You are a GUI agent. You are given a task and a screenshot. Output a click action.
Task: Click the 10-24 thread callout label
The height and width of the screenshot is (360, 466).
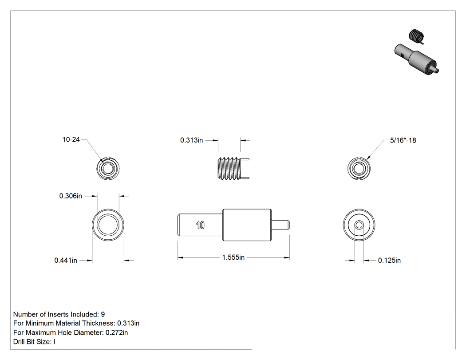coord(71,139)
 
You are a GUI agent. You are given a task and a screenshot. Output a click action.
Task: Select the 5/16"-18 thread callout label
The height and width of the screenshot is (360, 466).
coord(403,140)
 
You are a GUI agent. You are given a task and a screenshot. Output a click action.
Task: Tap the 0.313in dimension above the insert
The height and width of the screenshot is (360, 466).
coord(191,140)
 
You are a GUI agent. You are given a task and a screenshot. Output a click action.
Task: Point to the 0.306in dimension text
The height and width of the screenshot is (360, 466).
coord(71,196)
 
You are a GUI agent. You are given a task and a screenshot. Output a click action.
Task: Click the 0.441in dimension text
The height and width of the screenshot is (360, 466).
coord(66,261)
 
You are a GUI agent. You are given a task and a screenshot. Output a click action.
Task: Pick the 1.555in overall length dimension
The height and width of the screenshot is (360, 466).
coord(233,257)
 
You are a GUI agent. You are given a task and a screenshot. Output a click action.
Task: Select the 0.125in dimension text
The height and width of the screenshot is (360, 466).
coord(389,261)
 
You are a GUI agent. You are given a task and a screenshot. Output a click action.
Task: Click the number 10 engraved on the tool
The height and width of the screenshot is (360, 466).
coord(200,225)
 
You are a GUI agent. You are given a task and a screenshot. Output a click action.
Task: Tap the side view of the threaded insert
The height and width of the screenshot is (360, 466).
coord(233,168)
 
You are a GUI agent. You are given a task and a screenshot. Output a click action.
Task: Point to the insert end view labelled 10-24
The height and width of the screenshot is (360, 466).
coord(108,169)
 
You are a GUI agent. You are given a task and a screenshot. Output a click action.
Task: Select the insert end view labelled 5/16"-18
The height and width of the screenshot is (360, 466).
coord(359,169)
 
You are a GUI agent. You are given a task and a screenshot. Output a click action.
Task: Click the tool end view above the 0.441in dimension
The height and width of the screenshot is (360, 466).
coord(108,225)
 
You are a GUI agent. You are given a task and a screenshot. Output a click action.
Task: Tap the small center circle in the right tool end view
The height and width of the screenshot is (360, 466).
coord(359,225)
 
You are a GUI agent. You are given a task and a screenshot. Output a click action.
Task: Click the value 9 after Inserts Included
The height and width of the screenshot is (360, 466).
coord(103,314)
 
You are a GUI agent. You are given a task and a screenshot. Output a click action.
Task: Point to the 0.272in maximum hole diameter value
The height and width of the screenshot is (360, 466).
coord(117,332)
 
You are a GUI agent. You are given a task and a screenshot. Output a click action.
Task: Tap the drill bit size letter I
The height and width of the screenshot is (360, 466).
coord(54,341)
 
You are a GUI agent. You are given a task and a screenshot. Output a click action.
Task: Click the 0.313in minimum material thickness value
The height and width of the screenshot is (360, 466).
coord(128,323)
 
